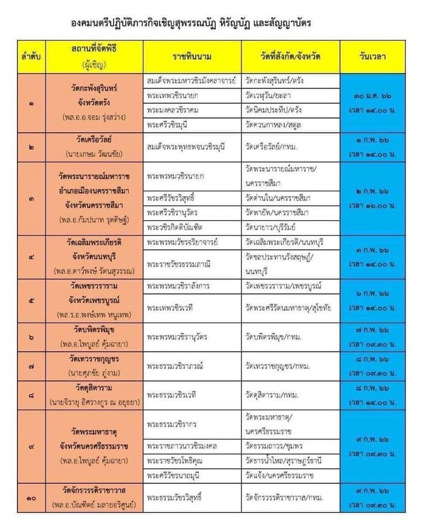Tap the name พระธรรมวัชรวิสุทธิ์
[178, 498]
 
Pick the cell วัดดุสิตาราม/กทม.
[272, 395]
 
